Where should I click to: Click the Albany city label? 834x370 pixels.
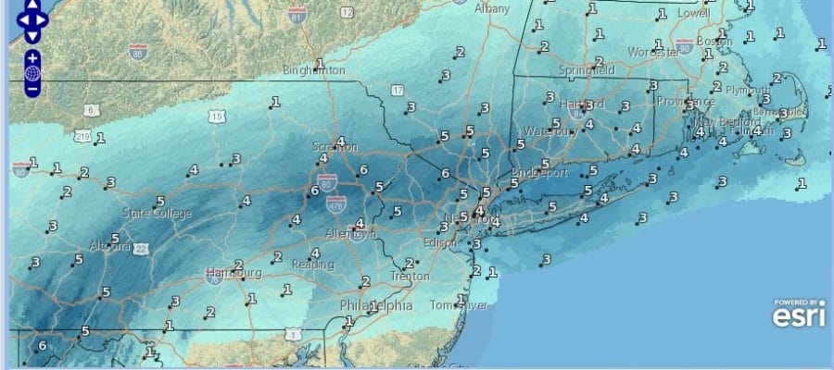492,8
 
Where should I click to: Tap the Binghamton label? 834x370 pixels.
315,70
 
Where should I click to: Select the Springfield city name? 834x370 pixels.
587,70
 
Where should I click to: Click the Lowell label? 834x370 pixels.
692,14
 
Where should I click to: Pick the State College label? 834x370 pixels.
158,214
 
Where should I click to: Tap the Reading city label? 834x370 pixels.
313,265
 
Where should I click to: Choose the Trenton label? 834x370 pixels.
410,276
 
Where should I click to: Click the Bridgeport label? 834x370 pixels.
537,173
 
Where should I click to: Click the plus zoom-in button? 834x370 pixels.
32,57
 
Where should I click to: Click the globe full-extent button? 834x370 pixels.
32,73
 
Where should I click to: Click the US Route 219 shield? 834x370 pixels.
82,137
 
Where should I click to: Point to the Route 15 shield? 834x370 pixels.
217,117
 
